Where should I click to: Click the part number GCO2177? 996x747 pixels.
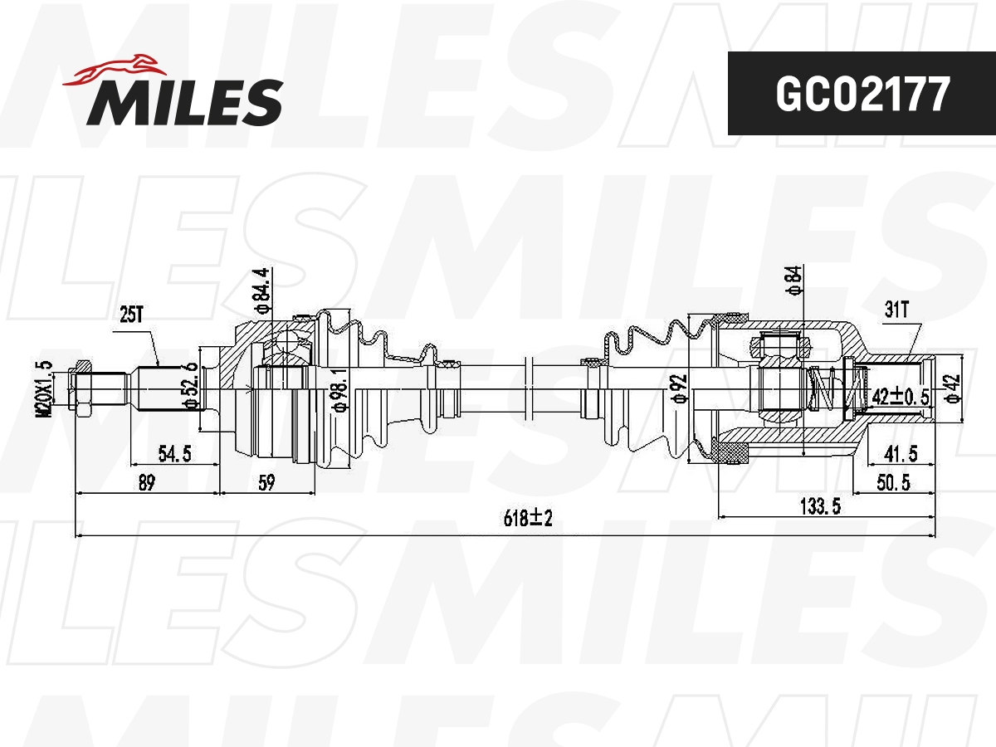point(861,95)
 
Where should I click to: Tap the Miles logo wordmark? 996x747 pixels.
point(185,102)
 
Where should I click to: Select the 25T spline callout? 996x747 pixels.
point(130,315)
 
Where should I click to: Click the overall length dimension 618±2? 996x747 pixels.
point(528,519)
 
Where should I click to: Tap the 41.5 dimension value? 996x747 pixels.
point(901,454)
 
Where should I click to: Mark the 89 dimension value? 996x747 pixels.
point(146,482)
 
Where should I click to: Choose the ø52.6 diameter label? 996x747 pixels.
point(191,385)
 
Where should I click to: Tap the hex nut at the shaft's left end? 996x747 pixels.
point(82,388)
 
